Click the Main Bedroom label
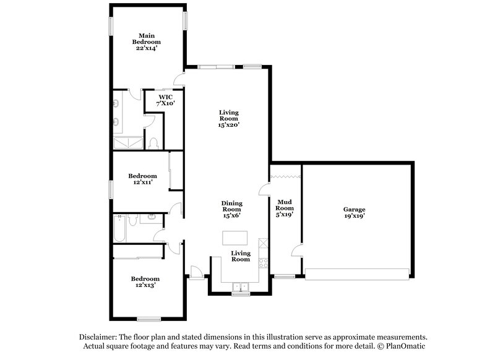pos(146,41)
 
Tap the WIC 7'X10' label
pos(165,100)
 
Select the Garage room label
pos(354,213)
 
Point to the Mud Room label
pos(284,208)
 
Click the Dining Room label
pos(232,209)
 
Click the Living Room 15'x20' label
pos(229,118)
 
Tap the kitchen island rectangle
pos(235,238)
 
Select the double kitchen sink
pos(239,286)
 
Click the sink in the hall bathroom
pos(150,218)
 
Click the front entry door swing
pos(196,270)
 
